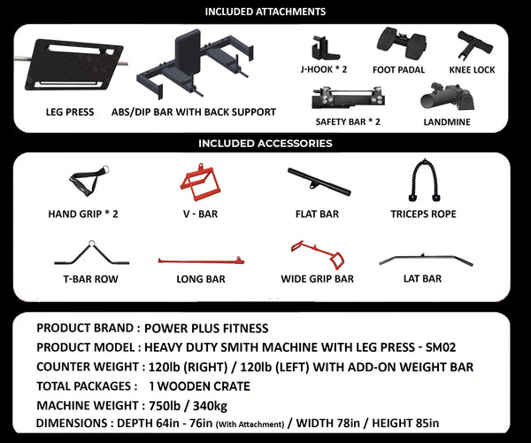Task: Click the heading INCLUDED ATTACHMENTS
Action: tap(265, 12)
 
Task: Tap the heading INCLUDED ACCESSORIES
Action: tap(265, 143)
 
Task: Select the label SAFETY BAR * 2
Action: tap(347, 121)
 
